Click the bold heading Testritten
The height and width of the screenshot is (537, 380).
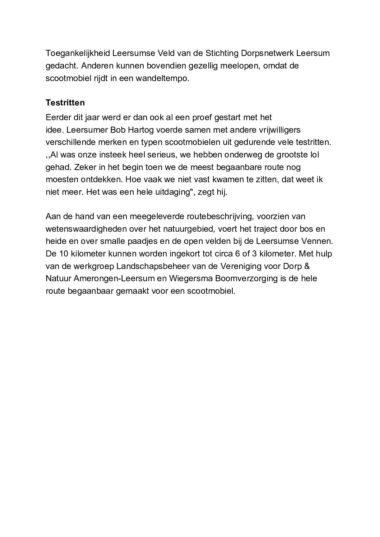click(65, 103)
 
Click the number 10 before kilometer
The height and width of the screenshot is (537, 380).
click(61, 254)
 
